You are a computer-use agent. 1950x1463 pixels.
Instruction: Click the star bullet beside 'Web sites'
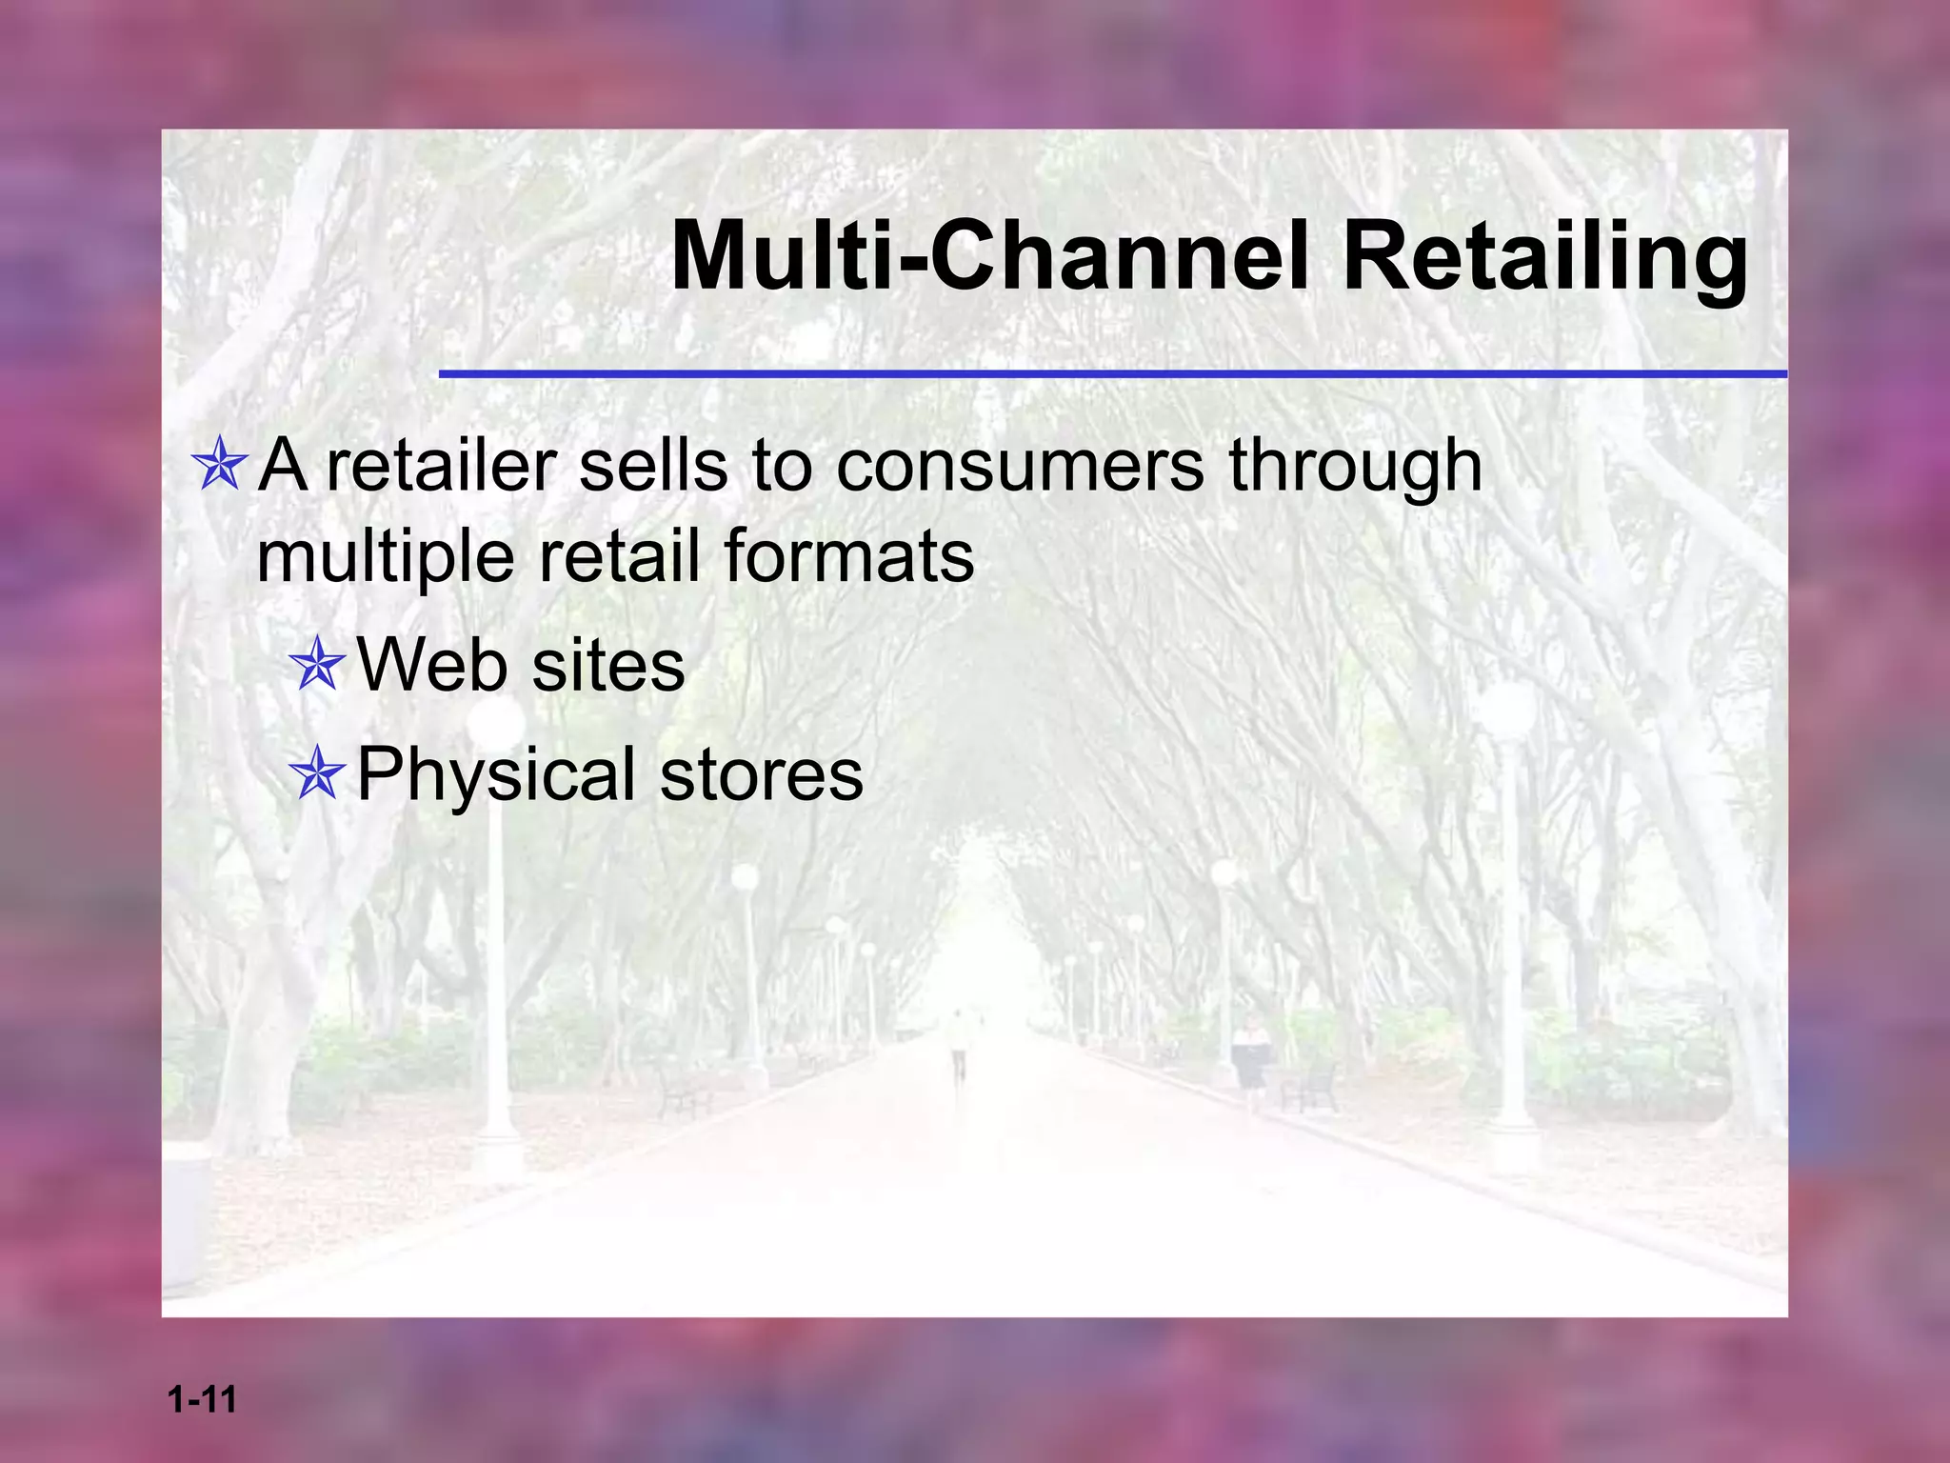point(317,664)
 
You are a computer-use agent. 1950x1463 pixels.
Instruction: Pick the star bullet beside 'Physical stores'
point(317,774)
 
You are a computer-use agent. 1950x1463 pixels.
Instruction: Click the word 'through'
point(1355,469)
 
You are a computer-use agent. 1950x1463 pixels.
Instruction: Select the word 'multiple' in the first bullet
point(386,558)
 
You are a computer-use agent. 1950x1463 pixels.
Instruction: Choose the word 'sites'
point(608,664)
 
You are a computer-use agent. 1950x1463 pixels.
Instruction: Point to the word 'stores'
point(762,773)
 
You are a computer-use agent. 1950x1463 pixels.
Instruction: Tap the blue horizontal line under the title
point(1112,374)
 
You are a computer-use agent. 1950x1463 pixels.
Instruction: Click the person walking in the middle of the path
point(959,1045)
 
